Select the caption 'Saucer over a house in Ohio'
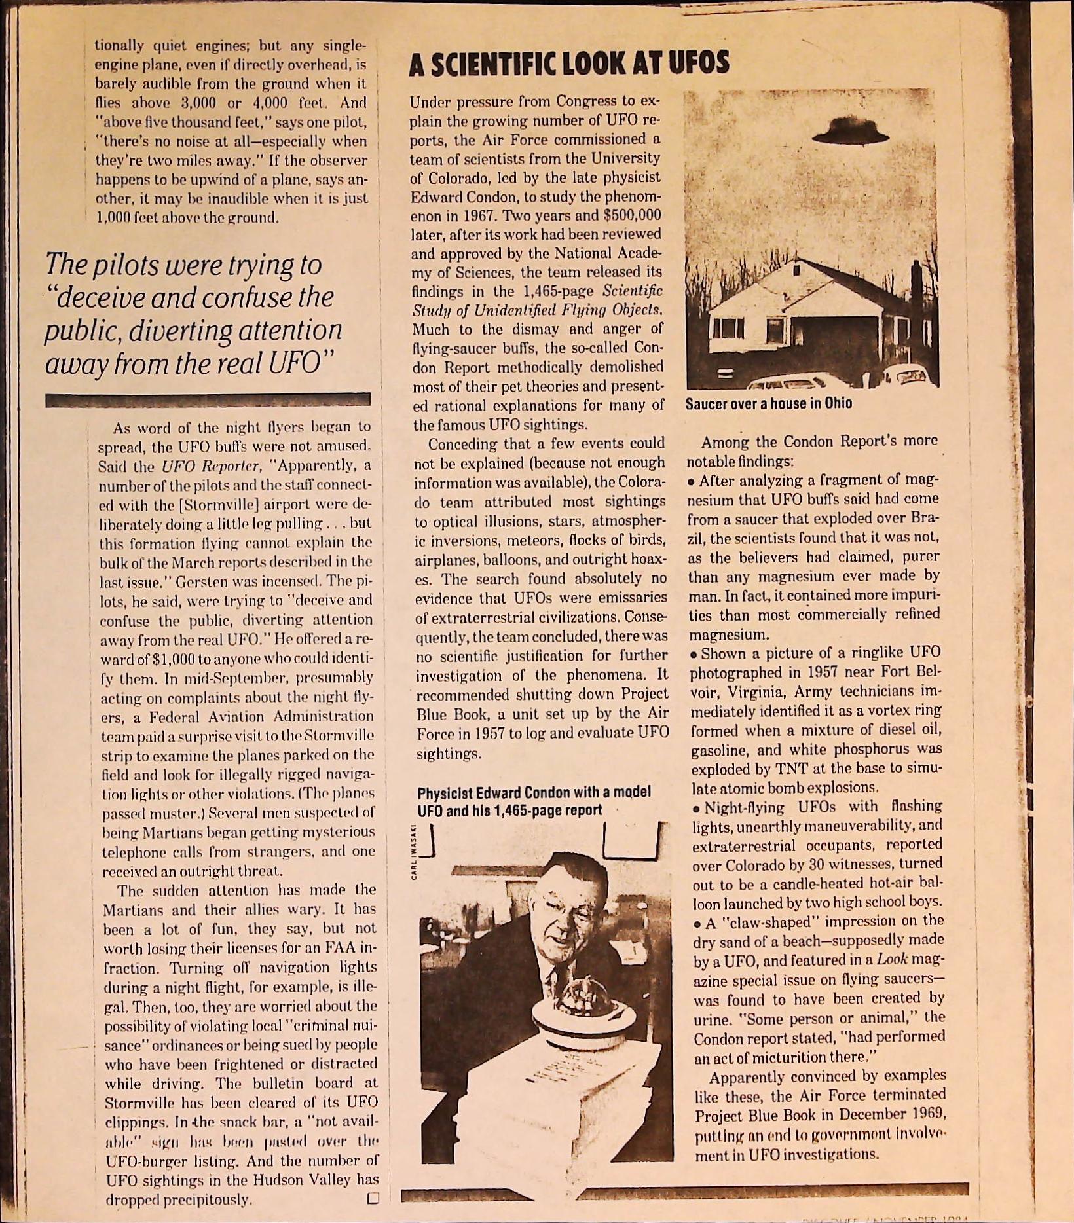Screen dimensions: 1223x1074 pos(769,403)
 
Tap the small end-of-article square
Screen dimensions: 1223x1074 pos(373,1198)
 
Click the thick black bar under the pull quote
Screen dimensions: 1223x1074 pos(208,400)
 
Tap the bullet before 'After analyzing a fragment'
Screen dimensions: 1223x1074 pos(692,482)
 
